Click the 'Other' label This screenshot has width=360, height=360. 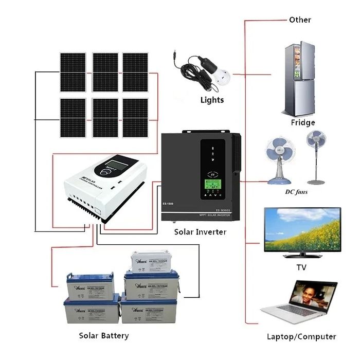pyautogui.click(x=300, y=20)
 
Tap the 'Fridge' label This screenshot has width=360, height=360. pyautogui.click(x=302, y=123)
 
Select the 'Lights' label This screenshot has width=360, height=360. pyautogui.click(x=212, y=100)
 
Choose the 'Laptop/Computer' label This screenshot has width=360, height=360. pyautogui.click(x=301, y=337)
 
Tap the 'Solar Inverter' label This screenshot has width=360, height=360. pyautogui.click(x=200, y=232)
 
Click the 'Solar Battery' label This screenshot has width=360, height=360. pyautogui.click(x=104, y=336)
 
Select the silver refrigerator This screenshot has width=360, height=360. pyautogui.click(x=299, y=80)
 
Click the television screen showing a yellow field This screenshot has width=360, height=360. pyautogui.click(x=302, y=229)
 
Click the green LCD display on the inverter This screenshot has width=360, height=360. pyautogui.click(x=212, y=184)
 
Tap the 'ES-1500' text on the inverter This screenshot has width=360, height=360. pyautogui.click(x=172, y=204)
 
